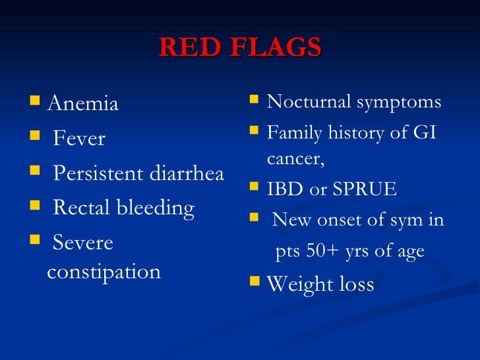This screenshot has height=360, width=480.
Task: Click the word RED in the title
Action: point(187,48)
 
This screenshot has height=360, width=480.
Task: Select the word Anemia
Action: point(83,104)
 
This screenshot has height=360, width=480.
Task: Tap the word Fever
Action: point(78,139)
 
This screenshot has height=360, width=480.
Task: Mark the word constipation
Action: point(104,272)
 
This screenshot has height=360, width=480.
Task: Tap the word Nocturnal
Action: point(308,102)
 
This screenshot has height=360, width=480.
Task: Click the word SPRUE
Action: point(363,190)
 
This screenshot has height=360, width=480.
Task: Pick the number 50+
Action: point(330,252)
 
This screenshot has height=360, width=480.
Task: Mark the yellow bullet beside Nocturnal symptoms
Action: point(255,101)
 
